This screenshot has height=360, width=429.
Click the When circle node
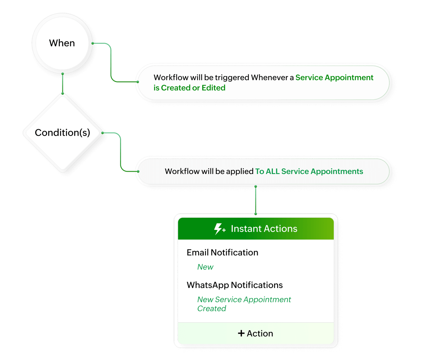pos(62,43)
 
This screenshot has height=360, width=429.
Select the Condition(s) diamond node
pos(62,133)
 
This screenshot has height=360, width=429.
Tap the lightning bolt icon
pos(219,229)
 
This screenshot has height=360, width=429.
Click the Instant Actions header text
pos(264,229)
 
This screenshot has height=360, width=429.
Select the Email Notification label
pos(222,253)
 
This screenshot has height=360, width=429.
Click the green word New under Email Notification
pos(205,267)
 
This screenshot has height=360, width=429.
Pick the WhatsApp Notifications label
pos(235,285)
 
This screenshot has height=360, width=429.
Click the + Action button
pos(256,333)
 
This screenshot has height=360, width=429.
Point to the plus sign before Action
pos(241,333)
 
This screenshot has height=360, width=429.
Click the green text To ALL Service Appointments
pos(309,171)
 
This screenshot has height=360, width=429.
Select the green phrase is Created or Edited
pos(189,88)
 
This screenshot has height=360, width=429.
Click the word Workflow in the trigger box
pos(167,78)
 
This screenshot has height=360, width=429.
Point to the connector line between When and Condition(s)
pos(63,83)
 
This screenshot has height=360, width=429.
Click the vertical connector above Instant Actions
pos(256,200)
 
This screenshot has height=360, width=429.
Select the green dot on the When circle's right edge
pos(93,43)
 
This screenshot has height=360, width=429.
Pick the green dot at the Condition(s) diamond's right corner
pos(102,133)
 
